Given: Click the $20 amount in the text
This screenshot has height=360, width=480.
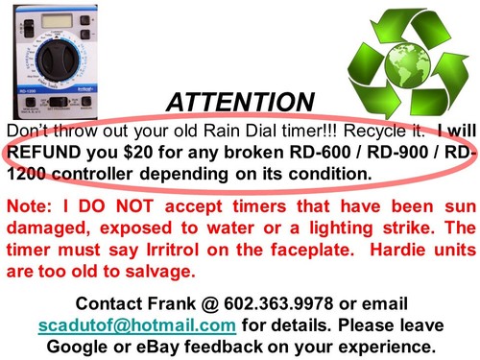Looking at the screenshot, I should tap(137, 153).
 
